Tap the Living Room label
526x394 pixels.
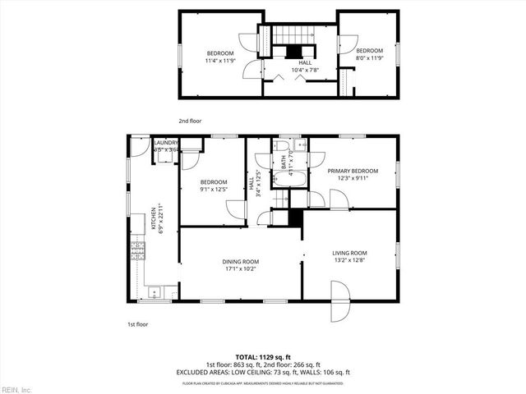349,253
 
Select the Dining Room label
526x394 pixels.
240,262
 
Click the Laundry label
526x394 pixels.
166,143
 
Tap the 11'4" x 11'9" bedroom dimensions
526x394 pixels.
219,60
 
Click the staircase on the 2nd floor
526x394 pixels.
294,36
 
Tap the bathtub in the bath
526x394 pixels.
292,181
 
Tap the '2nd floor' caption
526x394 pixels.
190,120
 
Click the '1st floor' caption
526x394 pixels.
137,324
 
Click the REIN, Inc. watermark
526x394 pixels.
17,388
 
